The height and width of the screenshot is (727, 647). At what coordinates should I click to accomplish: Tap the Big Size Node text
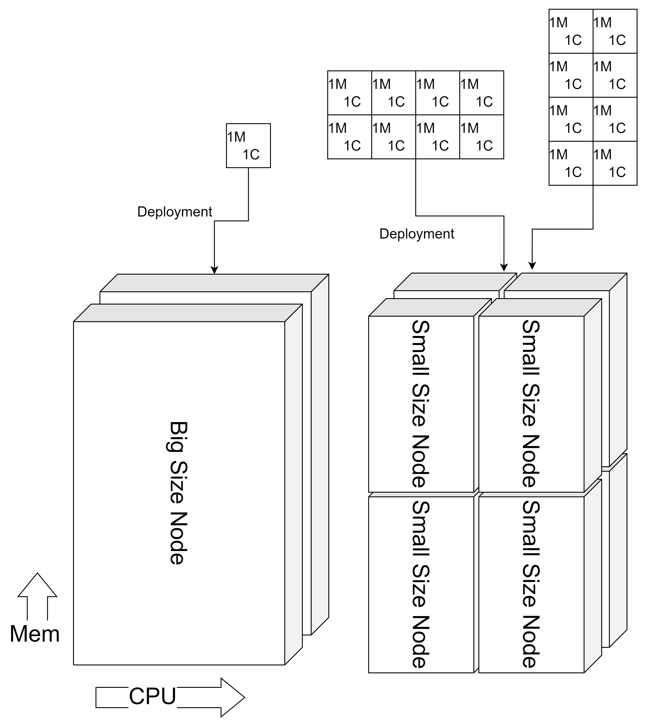click(177, 493)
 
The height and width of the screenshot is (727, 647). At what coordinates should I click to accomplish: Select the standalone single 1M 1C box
click(248, 145)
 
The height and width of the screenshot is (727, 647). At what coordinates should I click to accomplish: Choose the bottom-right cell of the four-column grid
click(481, 137)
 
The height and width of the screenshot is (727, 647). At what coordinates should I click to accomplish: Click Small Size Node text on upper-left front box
click(421, 404)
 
